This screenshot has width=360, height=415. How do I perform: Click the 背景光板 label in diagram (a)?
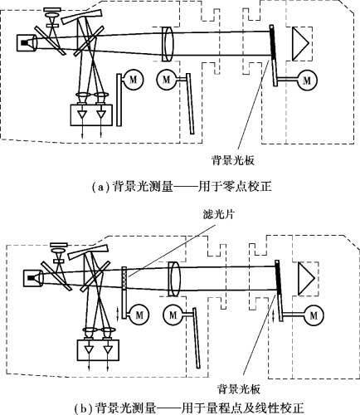tap(233, 160)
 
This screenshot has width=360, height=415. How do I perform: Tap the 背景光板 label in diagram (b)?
tap(239, 388)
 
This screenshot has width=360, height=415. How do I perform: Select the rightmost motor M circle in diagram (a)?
tap(307, 81)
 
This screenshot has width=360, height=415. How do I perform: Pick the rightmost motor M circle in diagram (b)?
tap(314, 315)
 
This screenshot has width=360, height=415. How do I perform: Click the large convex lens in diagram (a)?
tap(168, 44)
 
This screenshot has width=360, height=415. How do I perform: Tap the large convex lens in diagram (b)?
tap(174, 279)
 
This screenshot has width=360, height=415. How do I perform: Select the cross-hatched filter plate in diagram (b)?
tap(124, 278)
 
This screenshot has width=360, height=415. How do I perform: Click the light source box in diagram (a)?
tap(27, 43)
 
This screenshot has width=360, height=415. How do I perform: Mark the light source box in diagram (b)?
tap(33, 278)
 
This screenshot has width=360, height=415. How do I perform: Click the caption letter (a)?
tap(98, 187)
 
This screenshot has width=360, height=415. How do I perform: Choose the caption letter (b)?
tap(81, 408)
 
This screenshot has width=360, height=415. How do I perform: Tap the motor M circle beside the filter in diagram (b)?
tap(139, 315)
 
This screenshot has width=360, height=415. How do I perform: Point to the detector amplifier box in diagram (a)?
tap(91, 115)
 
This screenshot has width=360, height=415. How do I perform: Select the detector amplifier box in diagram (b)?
tap(98, 350)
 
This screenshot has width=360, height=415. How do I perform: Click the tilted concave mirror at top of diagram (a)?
tap(81, 16)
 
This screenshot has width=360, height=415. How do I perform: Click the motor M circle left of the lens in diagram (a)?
tap(166, 80)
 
